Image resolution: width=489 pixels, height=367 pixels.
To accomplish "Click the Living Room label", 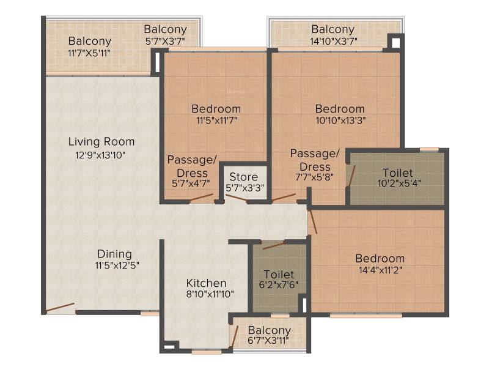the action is click(x=101, y=142).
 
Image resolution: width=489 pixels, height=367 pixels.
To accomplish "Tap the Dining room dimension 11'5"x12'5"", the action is click(x=117, y=265).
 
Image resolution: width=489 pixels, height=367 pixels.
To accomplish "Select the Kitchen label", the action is click(x=206, y=283).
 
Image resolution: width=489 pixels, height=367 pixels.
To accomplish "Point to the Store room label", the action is click(x=243, y=177).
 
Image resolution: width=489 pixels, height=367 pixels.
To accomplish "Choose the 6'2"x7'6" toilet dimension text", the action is click(x=279, y=285).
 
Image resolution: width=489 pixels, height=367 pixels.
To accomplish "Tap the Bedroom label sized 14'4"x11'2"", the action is click(x=380, y=258).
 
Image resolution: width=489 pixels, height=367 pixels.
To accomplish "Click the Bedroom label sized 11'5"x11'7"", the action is click(x=216, y=109).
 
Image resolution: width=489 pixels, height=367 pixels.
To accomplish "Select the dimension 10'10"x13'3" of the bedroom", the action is click(x=340, y=120).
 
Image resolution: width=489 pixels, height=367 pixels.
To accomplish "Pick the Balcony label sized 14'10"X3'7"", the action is click(x=333, y=29).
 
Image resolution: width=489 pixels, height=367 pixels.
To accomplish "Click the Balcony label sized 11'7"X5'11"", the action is click(x=90, y=41).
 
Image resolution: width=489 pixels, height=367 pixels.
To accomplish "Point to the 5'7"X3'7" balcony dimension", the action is click(x=165, y=41).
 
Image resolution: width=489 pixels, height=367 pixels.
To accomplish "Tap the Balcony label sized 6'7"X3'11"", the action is click(x=270, y=330).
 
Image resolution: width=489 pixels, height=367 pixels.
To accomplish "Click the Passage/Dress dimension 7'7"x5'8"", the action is click(x=314, y=177).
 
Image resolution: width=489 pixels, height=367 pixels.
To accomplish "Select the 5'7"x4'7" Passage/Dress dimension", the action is click(x=191, y=183).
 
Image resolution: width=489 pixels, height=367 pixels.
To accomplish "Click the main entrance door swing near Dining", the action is click(x=60, y=308).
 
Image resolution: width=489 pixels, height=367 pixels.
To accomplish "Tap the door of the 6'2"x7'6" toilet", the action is click(x=274, y=245).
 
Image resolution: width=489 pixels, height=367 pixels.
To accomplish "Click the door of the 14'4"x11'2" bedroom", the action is click(x=312, y=221).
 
